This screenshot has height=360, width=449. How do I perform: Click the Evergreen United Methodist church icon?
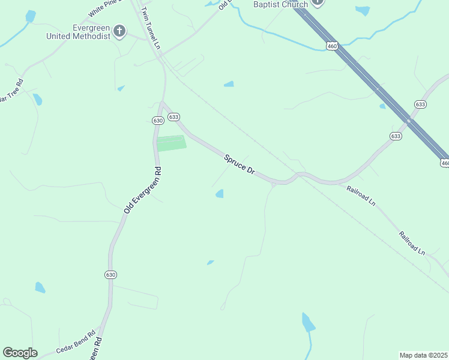click(x=119, y=31)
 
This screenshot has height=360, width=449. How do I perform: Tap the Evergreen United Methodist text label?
click(x=79, y=32)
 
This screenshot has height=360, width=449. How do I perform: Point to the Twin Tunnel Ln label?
click(x=151, y=29)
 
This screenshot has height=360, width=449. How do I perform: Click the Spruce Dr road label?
click(x=240, y=164)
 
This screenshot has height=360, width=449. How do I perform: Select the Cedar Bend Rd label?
click(x=76, y=342)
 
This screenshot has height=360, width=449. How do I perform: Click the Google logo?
click(x=20, y=353)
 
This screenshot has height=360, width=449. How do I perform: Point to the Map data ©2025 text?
click(x=423, y=355)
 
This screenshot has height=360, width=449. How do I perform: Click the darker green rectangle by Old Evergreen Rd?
click(x=171, y=143)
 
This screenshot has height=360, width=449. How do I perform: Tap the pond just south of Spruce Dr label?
click(x=220, y=193)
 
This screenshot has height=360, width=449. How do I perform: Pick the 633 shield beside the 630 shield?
click(x=173, y=117)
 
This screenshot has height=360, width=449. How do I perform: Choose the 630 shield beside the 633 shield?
click(x=158, y=121)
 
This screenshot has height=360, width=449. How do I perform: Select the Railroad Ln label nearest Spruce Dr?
click(x=361, y=195)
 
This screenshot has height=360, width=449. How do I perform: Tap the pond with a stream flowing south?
click(x=308, y=323)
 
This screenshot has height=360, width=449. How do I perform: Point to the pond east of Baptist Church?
click(x=363, y=10)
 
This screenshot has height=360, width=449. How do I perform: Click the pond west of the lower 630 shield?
click(x=40, y=287)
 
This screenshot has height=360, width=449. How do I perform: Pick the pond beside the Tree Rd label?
click(x=37, y=99)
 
